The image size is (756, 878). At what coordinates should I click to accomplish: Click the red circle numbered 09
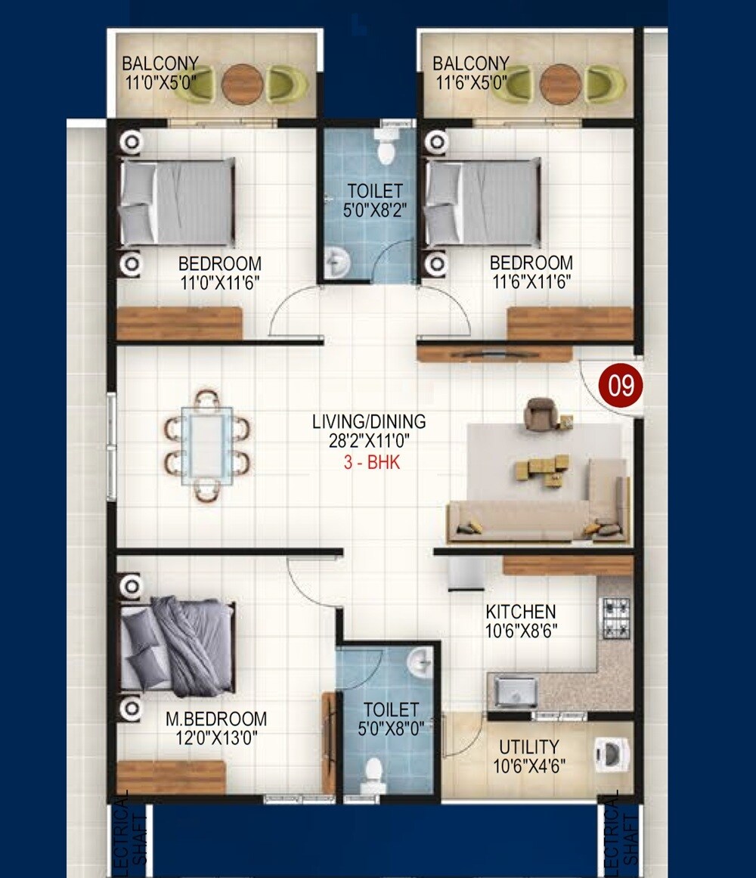pos(621,386)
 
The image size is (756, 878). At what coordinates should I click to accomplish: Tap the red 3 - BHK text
pos(372,463)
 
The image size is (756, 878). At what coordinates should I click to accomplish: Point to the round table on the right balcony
pos(559,84)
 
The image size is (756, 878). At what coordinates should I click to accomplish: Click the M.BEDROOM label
pos(216,718)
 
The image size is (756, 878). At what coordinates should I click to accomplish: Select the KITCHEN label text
pos(521,611)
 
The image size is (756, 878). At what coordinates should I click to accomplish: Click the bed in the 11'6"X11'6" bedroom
pos(484,203)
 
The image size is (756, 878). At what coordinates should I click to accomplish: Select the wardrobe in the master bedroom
pos(172,777)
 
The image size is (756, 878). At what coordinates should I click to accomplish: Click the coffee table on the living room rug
pos(542,469)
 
